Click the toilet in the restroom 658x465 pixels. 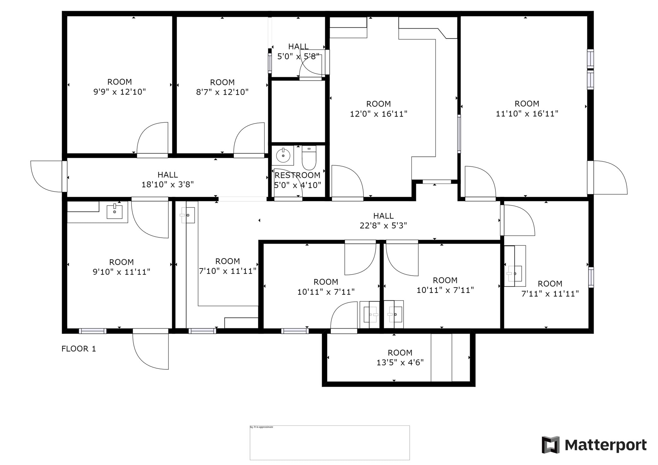[309, 158]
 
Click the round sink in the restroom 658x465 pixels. [283, 156]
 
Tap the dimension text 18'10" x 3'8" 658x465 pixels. [167, 185]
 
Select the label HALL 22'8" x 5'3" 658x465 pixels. [383, 221]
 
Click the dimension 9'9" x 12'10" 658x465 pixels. [120, 92]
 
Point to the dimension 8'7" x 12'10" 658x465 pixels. [222, 92]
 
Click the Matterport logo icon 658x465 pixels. [551, 445]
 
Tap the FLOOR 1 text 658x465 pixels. [79, 349]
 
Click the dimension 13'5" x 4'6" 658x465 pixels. [400, 363]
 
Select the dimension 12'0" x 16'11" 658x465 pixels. [378, 114]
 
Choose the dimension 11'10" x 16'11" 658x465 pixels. [527, 114]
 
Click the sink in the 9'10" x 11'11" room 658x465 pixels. [114, 212]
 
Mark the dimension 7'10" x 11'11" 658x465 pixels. [227, 271]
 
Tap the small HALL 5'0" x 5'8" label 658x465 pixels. [298, 51]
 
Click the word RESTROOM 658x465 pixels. [298, 175]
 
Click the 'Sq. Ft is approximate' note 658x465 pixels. [261, 427]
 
